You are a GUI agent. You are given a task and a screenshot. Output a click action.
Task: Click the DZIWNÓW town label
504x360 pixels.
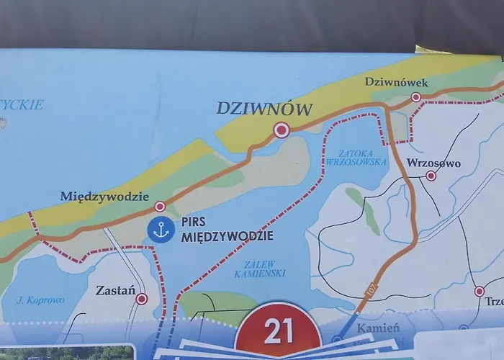tap(265, 109)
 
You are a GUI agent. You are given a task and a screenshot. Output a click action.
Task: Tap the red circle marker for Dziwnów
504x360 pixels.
tap(281, 130)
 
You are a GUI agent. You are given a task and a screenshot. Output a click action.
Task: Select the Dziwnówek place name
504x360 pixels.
tap(396, 82)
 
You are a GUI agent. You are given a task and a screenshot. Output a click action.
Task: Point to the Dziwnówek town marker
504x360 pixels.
tap(415, 96)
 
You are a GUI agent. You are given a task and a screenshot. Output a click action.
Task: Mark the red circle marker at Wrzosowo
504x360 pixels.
tap(431, 176)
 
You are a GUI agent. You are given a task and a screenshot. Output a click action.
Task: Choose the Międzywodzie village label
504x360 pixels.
tap(104, 196)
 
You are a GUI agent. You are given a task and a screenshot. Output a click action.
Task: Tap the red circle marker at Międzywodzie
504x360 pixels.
tap(160, 207)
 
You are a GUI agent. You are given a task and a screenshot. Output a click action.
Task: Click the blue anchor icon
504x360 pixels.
tap(161, 230)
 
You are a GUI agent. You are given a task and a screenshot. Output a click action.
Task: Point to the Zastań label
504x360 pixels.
tap(116, 291)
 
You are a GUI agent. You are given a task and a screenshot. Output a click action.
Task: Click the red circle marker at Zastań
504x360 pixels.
tap(142, 298)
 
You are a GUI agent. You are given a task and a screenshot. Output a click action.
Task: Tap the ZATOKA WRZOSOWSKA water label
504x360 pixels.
tap(362, 158)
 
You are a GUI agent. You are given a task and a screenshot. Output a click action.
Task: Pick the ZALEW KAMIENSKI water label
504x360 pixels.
tap(260, 268)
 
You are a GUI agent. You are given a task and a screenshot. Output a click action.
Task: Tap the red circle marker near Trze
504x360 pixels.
tap(480, 292)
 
